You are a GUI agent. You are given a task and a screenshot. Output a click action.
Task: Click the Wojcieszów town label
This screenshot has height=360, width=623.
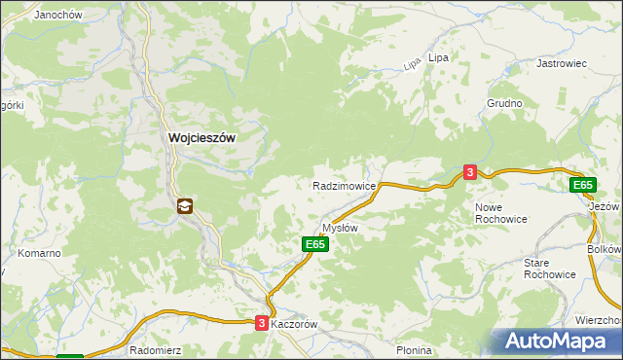click(x=202, y=138)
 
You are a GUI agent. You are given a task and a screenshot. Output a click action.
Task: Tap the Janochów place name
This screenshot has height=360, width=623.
click(x=56, y=16)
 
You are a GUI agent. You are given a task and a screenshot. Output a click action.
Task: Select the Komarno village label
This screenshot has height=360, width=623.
click(x=39, y=253)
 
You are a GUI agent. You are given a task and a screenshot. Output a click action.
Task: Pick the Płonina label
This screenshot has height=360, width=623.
click(x=414, y=350)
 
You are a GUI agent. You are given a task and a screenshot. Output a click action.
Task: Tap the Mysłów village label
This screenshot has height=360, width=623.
click(x=341, y=228)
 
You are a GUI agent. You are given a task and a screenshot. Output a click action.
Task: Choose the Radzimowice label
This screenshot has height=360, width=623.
click(x=344, y=185)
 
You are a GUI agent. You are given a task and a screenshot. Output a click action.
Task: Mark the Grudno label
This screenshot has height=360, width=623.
click(x=505, y=103)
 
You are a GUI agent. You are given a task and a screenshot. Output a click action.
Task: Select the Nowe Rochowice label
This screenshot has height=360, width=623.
click(x=501, y=214)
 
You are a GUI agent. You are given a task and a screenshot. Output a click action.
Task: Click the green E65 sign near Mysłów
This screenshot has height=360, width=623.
click(x=314, y=245)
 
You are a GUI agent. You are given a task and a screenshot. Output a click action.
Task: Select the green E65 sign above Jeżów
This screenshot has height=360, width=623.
click(x=582, y=185)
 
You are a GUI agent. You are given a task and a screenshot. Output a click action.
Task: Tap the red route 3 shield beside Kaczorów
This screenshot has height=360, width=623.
click(x=262, y=324)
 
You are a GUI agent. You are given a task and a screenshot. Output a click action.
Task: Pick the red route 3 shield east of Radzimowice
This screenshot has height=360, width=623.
click(x=470, y=172)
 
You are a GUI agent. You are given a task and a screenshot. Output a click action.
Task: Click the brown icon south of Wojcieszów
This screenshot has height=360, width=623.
click(x=185, y=206)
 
